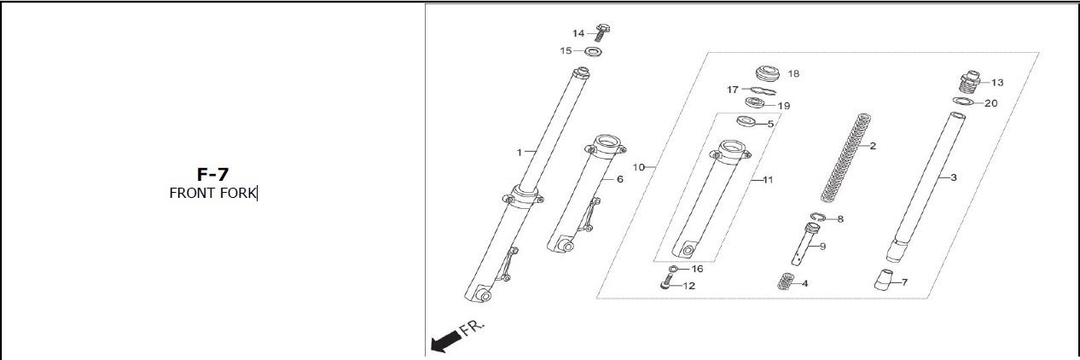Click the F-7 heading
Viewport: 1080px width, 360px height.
click(212, 175)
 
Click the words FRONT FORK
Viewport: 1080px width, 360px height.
click(212, 194)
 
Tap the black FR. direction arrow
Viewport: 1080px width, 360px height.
click(444, 341)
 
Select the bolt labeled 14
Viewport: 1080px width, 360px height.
click(601, 32)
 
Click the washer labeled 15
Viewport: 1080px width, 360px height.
click(594, 50)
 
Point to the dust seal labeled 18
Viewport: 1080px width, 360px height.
click(769, 74)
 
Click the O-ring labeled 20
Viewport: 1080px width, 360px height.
click(962, 102)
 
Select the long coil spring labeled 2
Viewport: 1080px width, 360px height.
click(845, 158)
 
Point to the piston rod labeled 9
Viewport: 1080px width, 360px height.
click(804, 244)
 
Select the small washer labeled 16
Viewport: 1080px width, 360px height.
click(673, 269)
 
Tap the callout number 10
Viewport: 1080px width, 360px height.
click(638, 167)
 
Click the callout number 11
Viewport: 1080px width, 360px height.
click(768, 180)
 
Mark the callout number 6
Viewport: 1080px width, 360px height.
click(620, 179)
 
